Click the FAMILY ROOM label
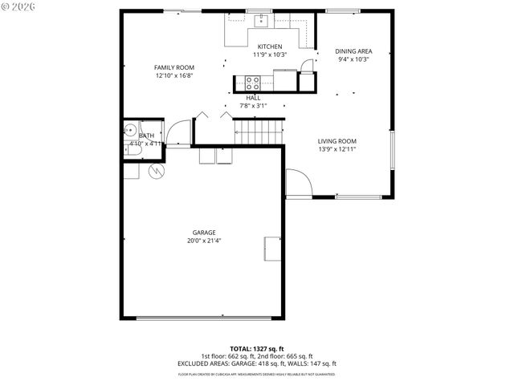tap(174, 67)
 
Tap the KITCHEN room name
tap(269, 47)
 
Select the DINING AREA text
tap(353, 51)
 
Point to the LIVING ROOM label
tap(337, 141)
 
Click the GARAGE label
tap(203, 233)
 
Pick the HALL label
tap(253, 98)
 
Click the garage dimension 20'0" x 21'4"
tap(203, 241)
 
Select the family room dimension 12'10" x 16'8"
tap(174, 75)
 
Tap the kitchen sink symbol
tap(262, 19)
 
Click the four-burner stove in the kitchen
tap(253, 81)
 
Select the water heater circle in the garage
tap(156, 170)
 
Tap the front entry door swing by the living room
tap(298, 184)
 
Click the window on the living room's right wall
tap(392, 152)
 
